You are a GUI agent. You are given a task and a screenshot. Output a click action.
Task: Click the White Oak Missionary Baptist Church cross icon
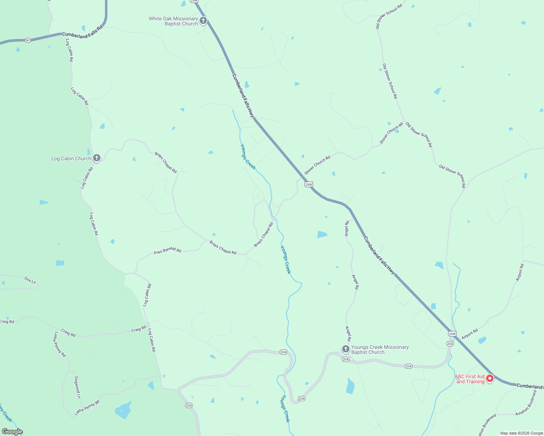point(203,20)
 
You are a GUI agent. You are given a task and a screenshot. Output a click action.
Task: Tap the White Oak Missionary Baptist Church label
point(173,21)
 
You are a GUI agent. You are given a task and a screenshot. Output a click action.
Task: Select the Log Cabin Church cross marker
point(96,158)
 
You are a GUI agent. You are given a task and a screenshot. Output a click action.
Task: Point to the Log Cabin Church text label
point(71,158)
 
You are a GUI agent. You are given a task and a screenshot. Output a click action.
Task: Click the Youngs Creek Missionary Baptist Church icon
point(345,349)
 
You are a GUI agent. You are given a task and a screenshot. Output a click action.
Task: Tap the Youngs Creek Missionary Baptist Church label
point(380,350)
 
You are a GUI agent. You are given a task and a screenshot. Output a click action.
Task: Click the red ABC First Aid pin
point(490,378)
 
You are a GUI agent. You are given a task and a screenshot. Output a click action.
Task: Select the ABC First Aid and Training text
point(470,379)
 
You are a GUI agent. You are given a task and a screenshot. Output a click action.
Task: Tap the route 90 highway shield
point(28,40)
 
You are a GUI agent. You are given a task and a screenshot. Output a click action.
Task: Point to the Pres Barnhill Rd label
point(167,251)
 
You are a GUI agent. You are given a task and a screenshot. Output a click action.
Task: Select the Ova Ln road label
point(30,280)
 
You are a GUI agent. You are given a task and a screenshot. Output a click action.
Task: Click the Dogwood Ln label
point(77,387)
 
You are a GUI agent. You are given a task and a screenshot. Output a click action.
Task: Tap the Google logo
point(12,432)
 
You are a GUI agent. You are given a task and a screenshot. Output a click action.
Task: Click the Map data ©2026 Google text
point(521,433)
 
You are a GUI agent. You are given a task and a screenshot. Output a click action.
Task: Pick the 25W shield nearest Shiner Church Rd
point(308,184)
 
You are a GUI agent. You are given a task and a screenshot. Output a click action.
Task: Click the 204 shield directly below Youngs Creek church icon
point(345,359)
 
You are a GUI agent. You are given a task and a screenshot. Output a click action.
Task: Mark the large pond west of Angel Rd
point(322,234)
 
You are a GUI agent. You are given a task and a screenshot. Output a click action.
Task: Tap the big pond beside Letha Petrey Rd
point(123,411)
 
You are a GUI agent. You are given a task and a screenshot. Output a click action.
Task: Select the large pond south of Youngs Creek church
point(350,386)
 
